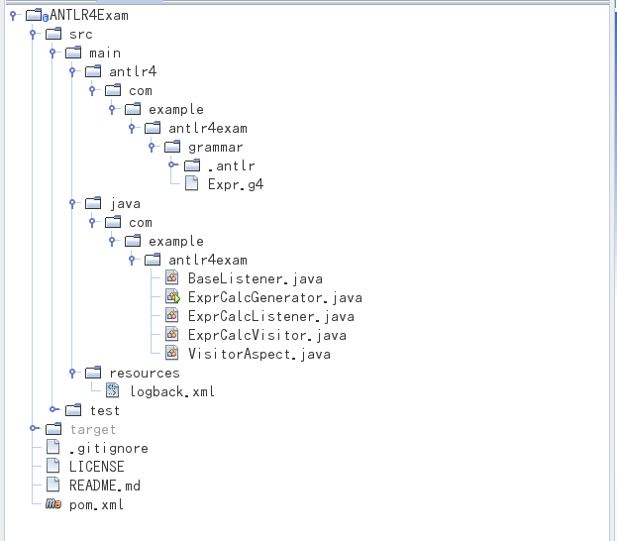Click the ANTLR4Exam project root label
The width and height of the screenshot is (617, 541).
tap(89, 15)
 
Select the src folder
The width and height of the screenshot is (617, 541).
tap(81, 34)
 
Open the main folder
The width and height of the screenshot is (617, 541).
tap(105, 53)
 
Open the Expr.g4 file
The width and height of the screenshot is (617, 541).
tap(235, 184)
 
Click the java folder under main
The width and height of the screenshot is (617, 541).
tap(125, 203)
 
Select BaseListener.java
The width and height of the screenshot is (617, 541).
tap(255, 278)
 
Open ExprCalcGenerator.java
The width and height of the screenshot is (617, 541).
tap(274, 297)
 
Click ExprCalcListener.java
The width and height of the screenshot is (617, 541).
tap(270, 316)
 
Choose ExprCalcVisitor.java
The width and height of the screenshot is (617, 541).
tap(266, 335)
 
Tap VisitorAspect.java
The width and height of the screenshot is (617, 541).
tap(258, 354)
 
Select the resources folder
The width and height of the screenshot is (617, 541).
tap(145, 373)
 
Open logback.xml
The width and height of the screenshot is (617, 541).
tap(172, 391)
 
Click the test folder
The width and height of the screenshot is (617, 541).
tap(105, 410)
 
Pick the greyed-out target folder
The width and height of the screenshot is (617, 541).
tap(92, 429)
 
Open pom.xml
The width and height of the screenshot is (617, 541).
tap(96, 504)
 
